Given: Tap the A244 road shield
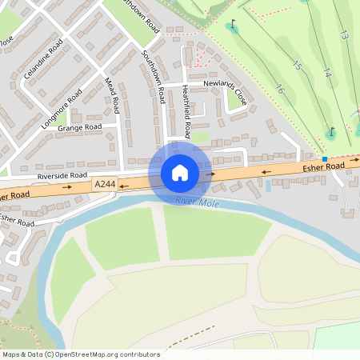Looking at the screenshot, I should pos(105,185).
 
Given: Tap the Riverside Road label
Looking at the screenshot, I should pos(62,174).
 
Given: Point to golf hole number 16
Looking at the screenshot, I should pos(280,90).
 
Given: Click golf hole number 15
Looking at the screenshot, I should pos(297,66).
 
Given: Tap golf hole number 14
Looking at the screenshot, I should pos(326,72).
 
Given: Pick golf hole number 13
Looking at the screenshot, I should pos(344,35).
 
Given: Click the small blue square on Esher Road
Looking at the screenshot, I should pos(325,159).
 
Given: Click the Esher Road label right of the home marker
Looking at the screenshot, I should pos(323,166).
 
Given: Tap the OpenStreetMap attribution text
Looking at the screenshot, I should pos(80,354).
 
